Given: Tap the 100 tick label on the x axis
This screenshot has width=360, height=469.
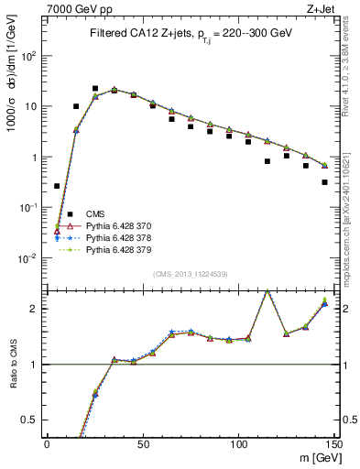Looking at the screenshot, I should pos(239,445).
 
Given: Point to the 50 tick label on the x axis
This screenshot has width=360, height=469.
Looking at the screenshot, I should pos(143,445).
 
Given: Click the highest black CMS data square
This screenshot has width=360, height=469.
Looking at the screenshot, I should pos(95,89).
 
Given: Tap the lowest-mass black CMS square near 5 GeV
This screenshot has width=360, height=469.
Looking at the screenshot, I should pos(57,186).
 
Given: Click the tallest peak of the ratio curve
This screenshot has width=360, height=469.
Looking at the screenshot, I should pos(267,291).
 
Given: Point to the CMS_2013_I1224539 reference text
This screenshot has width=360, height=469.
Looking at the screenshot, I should pos(189,274).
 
